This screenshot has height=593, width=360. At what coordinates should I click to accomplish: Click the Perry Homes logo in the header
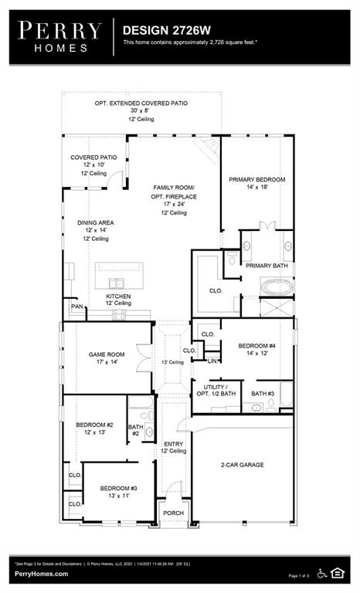click(60, 36)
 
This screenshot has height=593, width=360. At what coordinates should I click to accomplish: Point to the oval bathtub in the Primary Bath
click(276, 287)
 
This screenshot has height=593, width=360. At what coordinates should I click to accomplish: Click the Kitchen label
click(118, 297)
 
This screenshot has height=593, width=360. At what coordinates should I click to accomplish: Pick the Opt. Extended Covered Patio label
click(141, 103)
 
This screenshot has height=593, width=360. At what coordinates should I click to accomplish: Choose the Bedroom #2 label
click(94, 425)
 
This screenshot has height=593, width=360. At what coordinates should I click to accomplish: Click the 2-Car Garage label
click(243, 465)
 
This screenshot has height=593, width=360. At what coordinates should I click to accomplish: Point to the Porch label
click(173, 513)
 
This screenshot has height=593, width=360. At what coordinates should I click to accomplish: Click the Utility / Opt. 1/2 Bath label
click(215, 390)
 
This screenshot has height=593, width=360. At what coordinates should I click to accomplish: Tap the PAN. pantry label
click(76, 307)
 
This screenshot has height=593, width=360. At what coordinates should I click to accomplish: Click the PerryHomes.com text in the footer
click(39, 574)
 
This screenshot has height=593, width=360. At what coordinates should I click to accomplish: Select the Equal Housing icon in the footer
click(338, 572)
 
